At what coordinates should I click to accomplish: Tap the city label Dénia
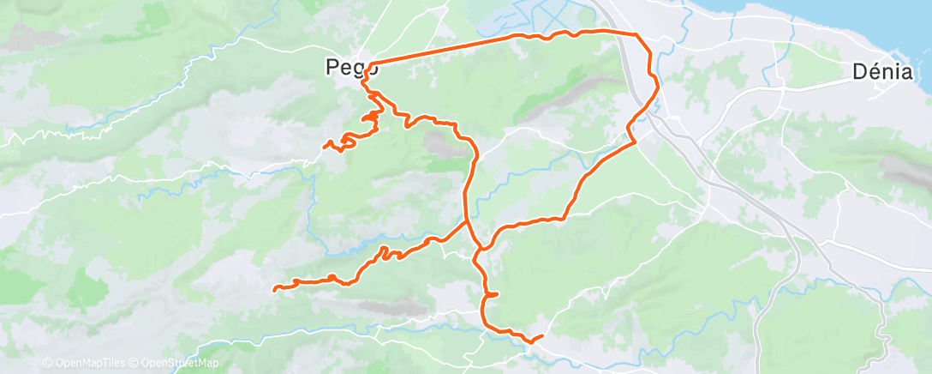coord(882,72)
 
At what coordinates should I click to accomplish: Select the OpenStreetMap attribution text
coord(176,363)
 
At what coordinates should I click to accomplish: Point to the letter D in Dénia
coord(859,72)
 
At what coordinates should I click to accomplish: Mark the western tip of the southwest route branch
coord(274,289)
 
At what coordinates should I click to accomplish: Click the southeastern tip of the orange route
coord(543,335)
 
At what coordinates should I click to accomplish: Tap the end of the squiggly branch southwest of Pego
coord(324,147)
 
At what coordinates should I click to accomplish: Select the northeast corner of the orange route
coord(637,33)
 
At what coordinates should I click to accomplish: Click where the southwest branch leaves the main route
coord(466,220)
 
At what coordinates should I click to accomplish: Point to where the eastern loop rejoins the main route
coord(480,250)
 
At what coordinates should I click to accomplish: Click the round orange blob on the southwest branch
coord(331,277)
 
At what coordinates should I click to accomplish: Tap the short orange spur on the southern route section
coord(493,295)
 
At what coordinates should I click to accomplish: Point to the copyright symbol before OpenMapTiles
coord(47,363)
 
